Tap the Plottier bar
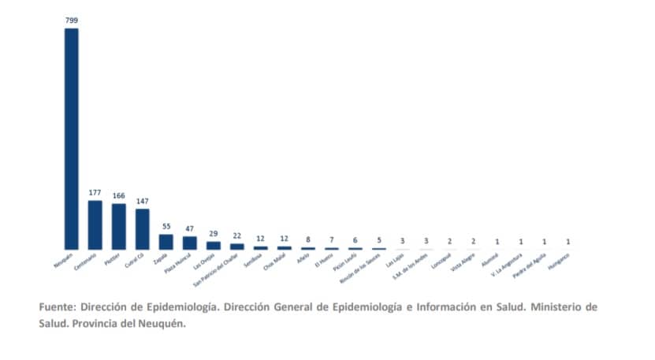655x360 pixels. pos(119,226)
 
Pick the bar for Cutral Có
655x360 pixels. pos(143,228)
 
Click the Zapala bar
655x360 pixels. pos(166,241)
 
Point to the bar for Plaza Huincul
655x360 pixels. pos(190,243)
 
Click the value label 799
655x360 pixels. pos(72,19)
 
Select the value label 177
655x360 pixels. pos(95,191)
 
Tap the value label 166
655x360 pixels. pos(119,195)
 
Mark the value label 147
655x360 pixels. pos(143,200)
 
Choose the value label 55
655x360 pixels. pos(166,225)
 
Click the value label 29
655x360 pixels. pos(214,233)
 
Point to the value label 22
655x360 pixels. pos(237,236)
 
